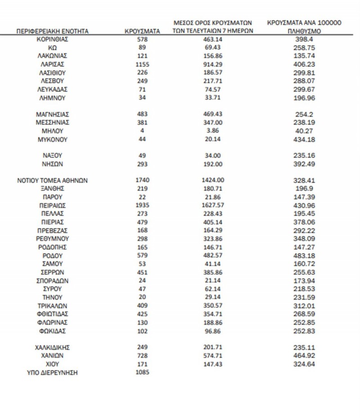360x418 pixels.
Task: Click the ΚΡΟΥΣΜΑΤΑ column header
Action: tap(142, 31)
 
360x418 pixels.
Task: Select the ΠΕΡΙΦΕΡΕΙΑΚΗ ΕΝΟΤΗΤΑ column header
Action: tap(52, 31)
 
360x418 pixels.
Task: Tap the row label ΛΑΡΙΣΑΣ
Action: tap(52, 64)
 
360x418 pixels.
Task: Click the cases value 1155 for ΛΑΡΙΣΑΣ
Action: tap(142, 64)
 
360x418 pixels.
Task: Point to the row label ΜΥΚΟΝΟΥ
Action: tap(52, 139)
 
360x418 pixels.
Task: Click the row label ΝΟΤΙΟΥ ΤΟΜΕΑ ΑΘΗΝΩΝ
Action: tap(52, 180)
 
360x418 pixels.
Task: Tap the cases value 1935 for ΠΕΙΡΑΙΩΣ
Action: tap(142, 205)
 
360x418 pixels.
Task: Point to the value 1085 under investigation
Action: tap(142, 372)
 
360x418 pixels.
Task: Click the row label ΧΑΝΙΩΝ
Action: tap(52, 355)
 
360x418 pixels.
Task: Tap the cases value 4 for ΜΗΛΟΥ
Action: tap(142, 131)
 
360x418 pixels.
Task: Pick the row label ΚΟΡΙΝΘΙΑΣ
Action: tap(52, 39)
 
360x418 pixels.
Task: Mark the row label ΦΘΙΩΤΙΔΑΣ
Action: tap(52, 313)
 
